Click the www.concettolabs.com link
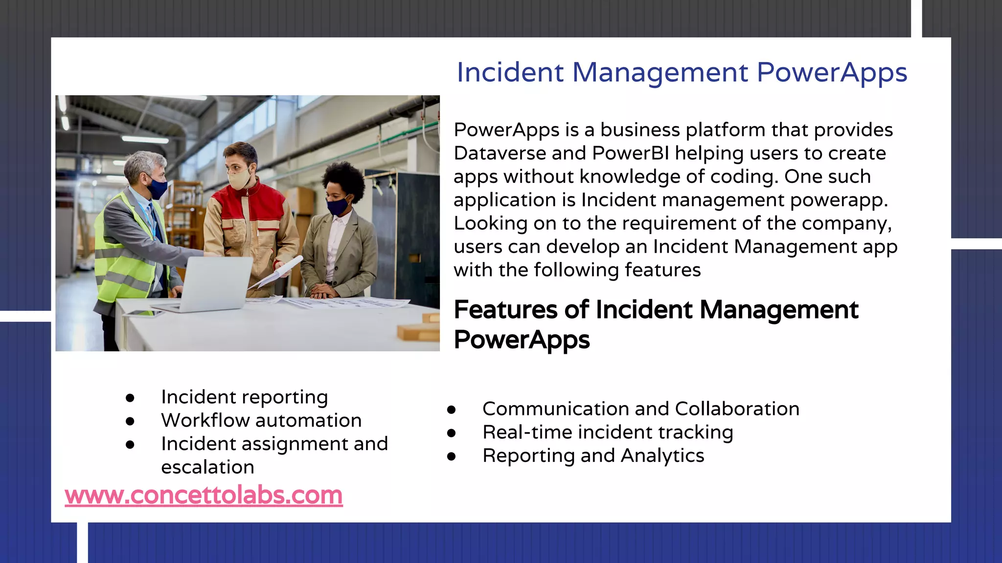coord(204,495)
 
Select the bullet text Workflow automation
coord(261,420)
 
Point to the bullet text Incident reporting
coord(244,397)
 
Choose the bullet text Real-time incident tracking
coord(608,432)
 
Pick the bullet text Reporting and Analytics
coord(593,455)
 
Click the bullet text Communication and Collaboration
coord(640,409)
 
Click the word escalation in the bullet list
coord(207,467)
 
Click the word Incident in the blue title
coord(510,72)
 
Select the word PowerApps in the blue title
coord(832,72)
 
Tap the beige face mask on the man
coord(240,178)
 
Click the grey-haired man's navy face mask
coord(158,188)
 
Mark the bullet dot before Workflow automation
coord(130,421)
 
